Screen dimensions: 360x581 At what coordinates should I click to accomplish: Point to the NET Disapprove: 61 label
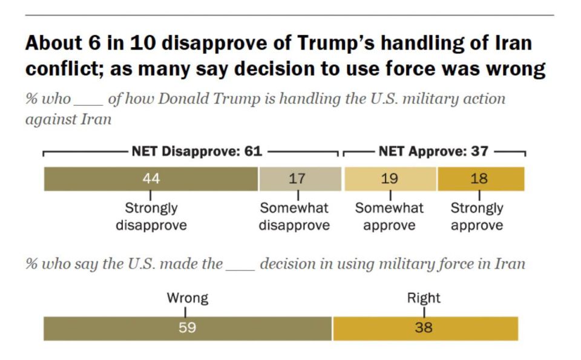[197, 151]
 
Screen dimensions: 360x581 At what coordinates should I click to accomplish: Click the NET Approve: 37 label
[433, 151]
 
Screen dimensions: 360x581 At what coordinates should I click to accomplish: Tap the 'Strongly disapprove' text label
[151, 217]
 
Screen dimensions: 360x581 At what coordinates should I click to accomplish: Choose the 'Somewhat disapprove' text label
[295, 217]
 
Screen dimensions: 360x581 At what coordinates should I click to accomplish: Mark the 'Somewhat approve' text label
[389, 217]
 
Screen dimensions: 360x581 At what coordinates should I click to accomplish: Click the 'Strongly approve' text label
[477, 217]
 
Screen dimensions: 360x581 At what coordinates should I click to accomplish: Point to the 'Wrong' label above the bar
[188, 298]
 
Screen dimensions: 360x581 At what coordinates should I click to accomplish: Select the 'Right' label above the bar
[424, 298]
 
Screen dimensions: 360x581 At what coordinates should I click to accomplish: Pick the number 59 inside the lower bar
[188, 329]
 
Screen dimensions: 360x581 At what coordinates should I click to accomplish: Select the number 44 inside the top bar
[151, 179]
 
